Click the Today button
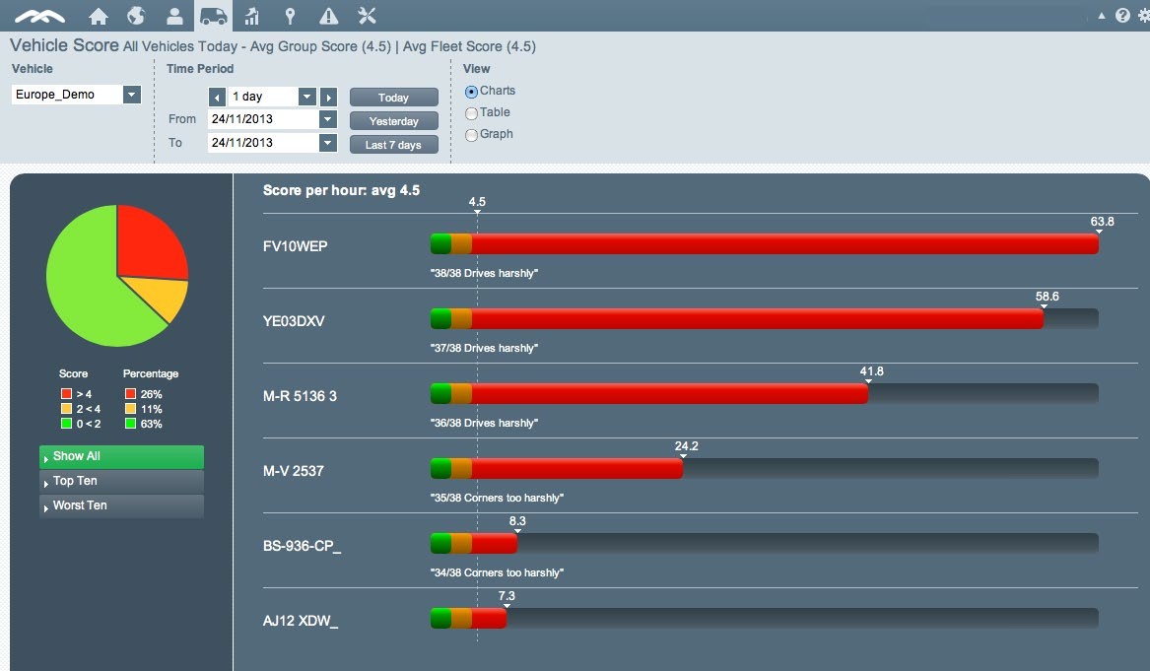(x=393, y=98)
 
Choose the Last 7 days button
(x=393, y=145)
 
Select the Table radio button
(x=471, y=113)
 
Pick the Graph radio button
(x=471, y=135)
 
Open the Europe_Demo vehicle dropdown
(x=131, y=95)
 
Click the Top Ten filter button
(x=121, y=481)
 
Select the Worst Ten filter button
(x=121, y=505)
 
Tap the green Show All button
(x=121, y=456)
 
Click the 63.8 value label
(x=1102, y=222)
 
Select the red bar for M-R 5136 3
(x=670, y=394)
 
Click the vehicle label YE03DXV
(x=294, y=321)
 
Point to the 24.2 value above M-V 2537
(x=686, y=446)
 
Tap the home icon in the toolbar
(x=98, y=16)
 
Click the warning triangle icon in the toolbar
(x=329, y=16)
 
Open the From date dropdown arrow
(x=328, y=119)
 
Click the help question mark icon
(x=1122, y=16)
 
